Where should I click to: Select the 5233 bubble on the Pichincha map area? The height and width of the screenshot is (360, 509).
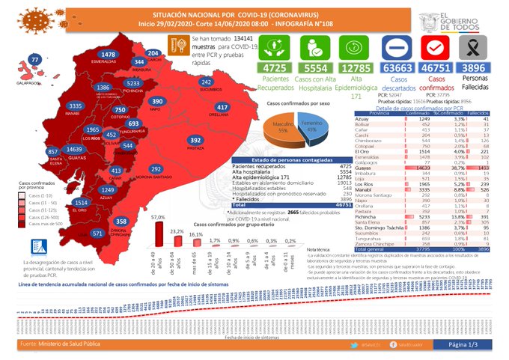pos(133,83)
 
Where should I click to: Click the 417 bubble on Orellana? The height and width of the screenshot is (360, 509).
pos(222,107)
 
